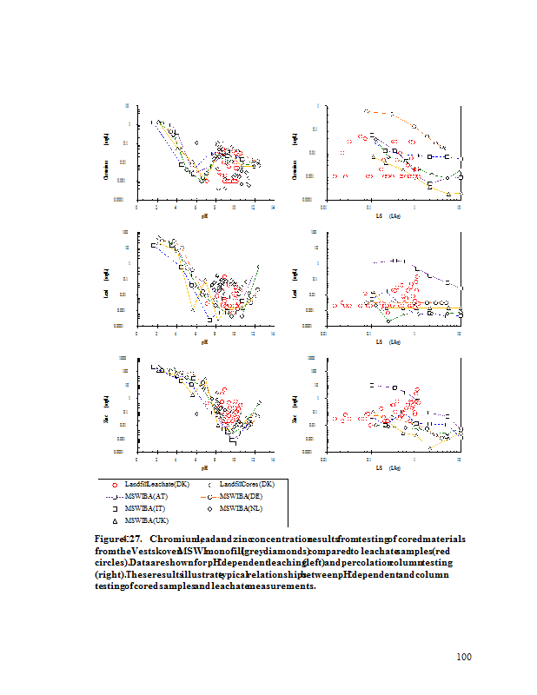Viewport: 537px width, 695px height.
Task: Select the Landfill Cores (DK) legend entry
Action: [x=245, y=483]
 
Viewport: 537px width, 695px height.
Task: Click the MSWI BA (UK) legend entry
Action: [x=146, y=520]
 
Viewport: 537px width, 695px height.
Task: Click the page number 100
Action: [x=463, y=657]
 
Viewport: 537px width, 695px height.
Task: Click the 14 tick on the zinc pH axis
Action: [x=273, y=460]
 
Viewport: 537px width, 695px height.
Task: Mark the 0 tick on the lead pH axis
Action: [x=136, y=334]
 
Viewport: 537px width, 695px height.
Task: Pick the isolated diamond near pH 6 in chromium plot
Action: [x=196, y=142]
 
